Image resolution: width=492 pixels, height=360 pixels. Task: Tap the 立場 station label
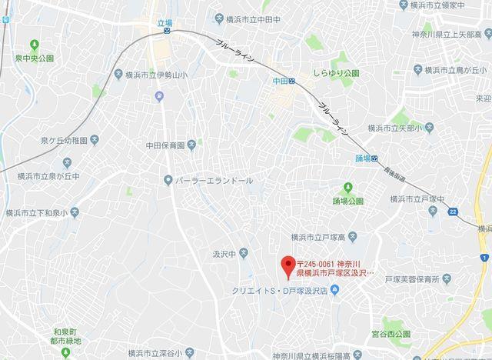tap(165, 23)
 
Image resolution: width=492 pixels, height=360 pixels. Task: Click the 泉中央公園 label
tap(32, 58)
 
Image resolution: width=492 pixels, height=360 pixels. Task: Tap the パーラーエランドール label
tap(214, 180)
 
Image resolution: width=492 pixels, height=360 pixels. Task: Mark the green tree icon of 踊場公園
tap(347, 188)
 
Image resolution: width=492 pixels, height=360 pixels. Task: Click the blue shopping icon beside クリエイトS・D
tap(335, 291)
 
